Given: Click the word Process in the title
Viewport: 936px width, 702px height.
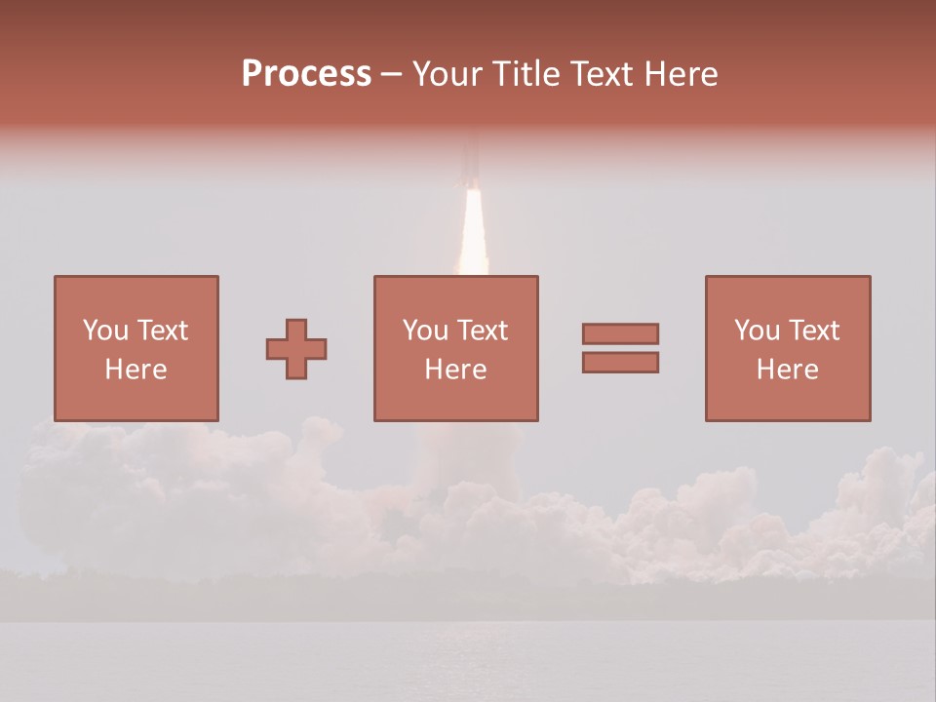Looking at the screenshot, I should click(x=306, y=74).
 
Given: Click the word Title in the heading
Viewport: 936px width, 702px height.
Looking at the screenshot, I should click(x=526, y=74).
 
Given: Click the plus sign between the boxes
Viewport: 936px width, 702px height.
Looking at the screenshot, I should click(x=296, y=348).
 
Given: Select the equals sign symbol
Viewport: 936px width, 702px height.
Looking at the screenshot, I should click(x=620, y=348).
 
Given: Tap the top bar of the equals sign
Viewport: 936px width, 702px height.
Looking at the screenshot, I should click(x=620, y=333).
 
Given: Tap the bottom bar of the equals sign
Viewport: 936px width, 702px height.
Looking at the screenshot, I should click(x=620, y=363).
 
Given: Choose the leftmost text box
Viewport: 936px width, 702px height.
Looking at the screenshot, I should click(x=136, y=348).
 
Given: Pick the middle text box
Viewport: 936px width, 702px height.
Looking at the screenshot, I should click(x=455, y=348).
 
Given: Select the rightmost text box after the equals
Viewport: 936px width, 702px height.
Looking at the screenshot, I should click(x=787, y=348).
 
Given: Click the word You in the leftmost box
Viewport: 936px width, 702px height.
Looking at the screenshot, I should click(x=103, y=331).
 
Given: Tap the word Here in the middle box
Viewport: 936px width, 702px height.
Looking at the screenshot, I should click(x=455, y=370).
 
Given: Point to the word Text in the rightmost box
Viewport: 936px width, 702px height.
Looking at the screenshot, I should click(x=813, y=331).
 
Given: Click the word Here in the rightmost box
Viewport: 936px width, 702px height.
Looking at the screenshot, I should click(x=787, y=370).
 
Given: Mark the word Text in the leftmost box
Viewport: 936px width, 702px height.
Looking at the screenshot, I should click(x=162, y=331).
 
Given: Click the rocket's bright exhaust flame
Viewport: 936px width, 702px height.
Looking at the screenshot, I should click(x=473, y=234).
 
